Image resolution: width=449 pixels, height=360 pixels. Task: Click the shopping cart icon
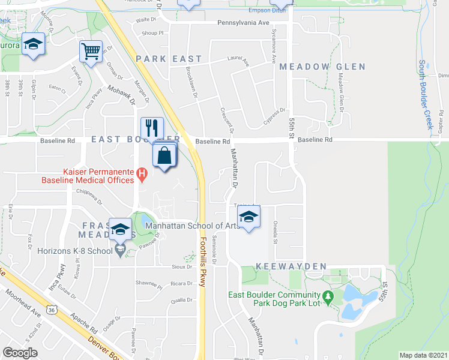[91, 51]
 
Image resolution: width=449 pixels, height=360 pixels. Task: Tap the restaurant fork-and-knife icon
[151, 128]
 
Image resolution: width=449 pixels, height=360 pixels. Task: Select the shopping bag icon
[164, 157]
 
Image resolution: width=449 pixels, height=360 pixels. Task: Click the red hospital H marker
[142, 175]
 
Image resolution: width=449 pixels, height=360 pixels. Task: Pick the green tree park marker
[327, 296]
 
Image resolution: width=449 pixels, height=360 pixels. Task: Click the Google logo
[20, 353]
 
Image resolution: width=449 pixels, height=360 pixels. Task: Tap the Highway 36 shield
[52, 310]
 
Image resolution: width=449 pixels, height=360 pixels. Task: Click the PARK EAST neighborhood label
[160, 59]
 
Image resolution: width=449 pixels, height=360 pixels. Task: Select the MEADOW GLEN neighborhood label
[322, 67]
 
